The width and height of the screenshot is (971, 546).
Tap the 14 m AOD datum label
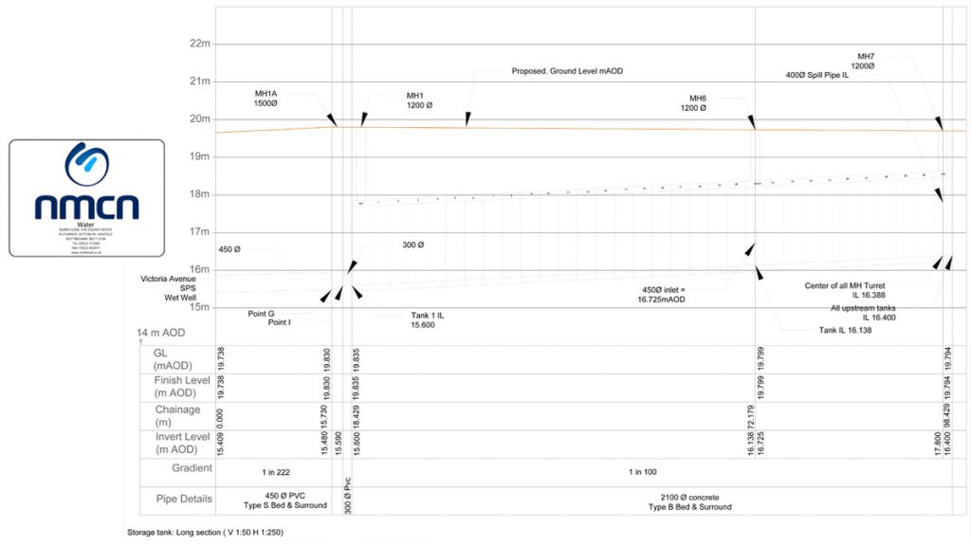pos(161,333)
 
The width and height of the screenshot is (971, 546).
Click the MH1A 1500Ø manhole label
pos(266,98)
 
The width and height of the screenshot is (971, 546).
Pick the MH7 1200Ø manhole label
pos(865,62)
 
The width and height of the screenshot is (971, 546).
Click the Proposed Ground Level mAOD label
pos(567,71)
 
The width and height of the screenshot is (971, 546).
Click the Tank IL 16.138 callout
pos(845,331)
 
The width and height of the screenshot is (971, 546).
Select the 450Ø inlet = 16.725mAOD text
pos(660,294)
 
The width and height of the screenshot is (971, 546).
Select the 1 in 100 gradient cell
pos(646,471)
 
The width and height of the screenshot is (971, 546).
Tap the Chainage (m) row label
pos(177,415)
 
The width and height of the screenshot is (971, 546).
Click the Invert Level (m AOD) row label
pos(182,443)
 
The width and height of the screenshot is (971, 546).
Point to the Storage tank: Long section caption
pos(205,533)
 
